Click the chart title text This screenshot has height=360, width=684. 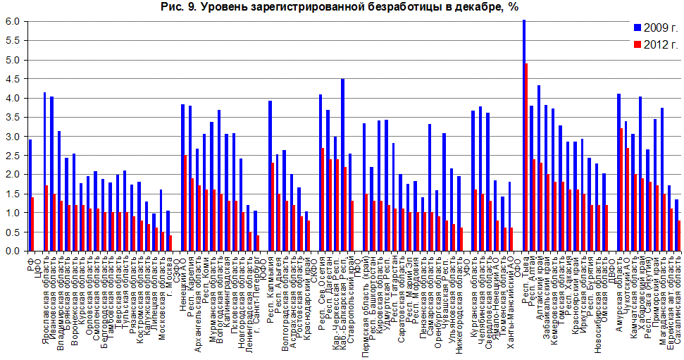click(342, 7)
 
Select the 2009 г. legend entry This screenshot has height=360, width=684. click(655, 27)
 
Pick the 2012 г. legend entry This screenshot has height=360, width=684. click(655, 44)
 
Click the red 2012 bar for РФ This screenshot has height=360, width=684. click(33, 224)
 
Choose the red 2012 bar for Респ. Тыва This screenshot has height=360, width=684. click(526, 157)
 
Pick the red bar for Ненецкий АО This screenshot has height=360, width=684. click(185, 203)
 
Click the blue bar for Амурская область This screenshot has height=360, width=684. click(618, 173)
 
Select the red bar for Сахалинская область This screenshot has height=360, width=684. click(679, 236)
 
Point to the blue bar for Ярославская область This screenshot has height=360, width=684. click(44, 172)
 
